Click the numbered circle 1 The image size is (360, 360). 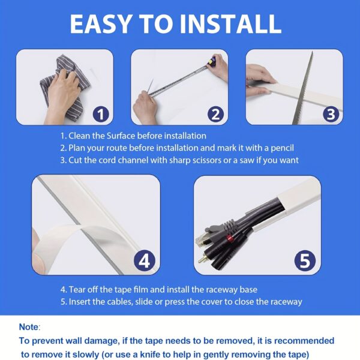(x=101, y=114)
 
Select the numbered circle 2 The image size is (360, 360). (x=215, y=114)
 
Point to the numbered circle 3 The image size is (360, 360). (x=331, y=114)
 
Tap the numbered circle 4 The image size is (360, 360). (x=145, y=260)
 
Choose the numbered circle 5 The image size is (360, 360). (x=305, y=260)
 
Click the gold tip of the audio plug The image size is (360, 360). (x=201, y=260)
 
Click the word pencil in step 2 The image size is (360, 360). (x=282, y=148)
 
